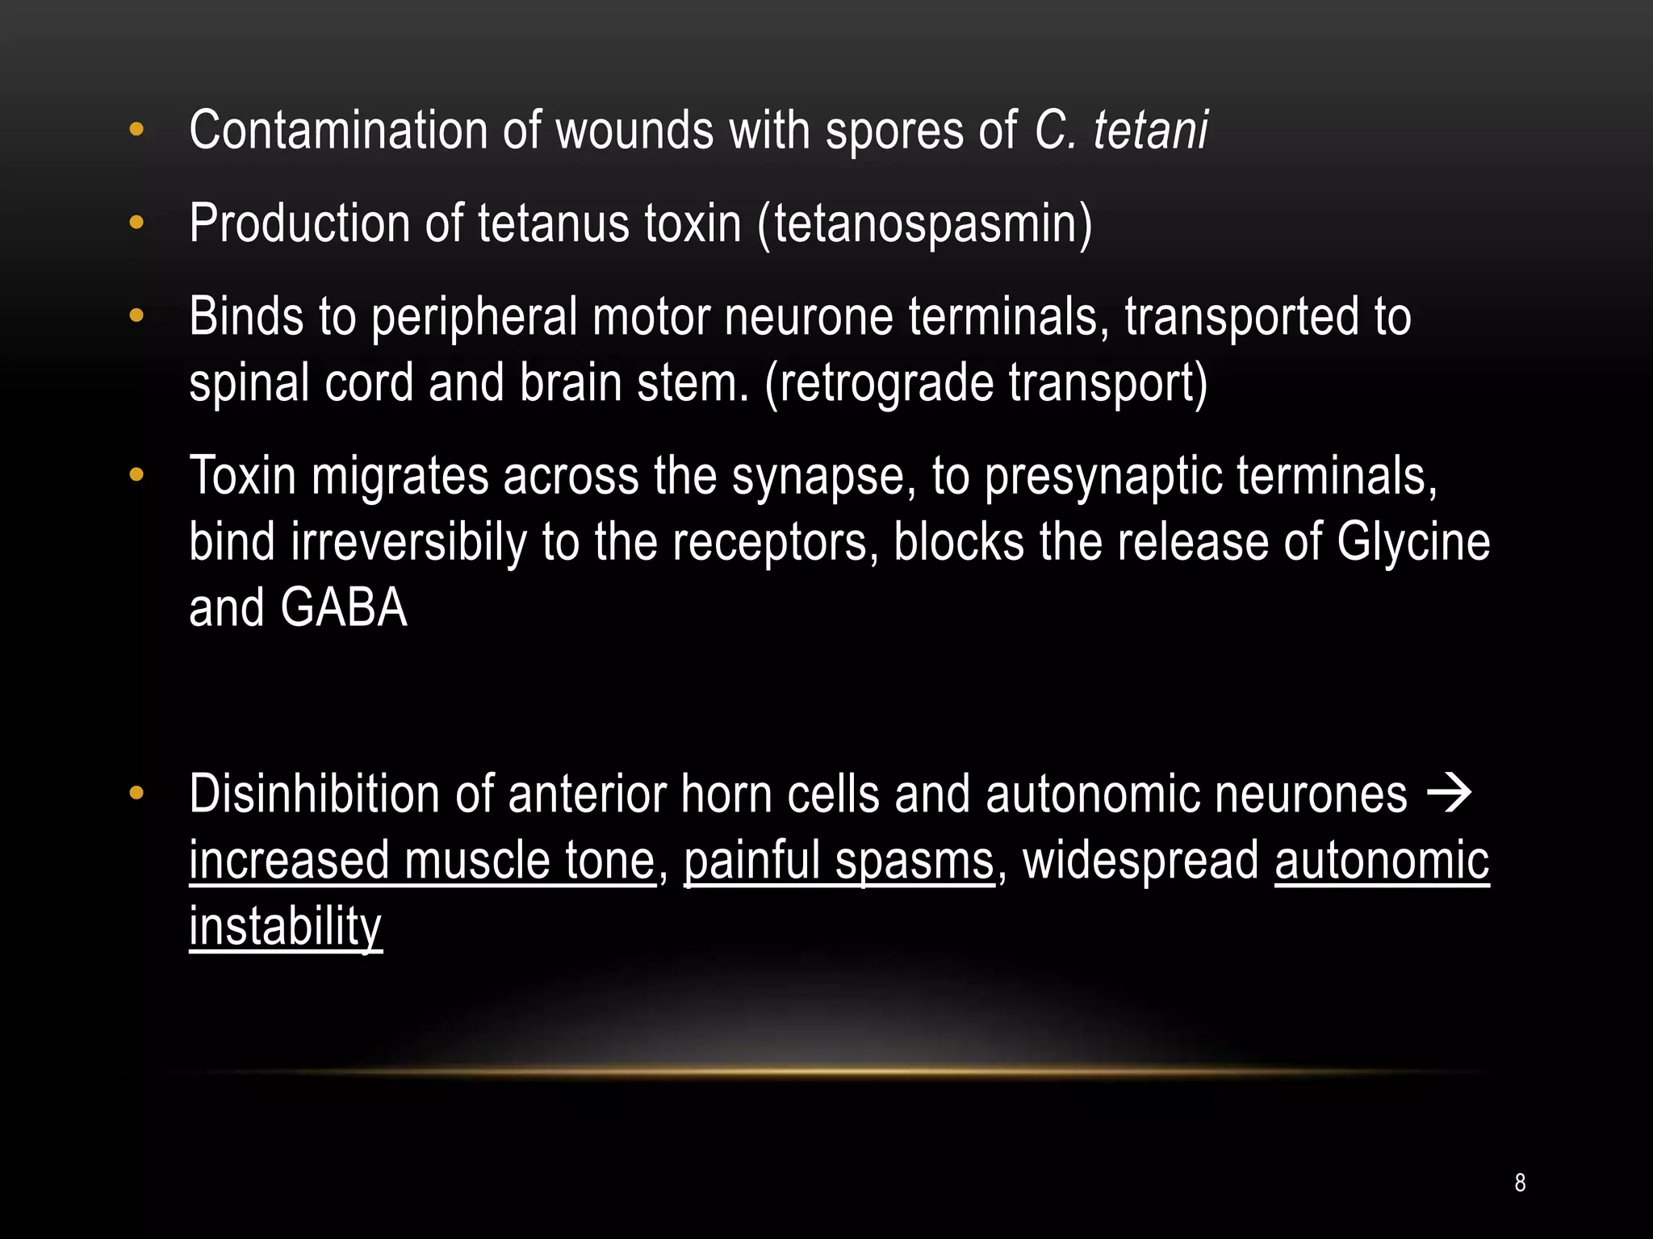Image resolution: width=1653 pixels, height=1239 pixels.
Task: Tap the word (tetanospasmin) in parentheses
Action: point(925,223)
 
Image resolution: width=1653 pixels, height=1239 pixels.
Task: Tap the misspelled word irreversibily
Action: point(408,542)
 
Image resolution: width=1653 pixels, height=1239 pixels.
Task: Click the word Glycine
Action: point(1413,542)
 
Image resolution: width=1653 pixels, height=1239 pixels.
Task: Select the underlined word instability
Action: point(286,927)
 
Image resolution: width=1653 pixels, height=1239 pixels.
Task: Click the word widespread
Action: point(1140,861)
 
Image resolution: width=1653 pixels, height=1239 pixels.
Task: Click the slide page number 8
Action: point(1520,1183)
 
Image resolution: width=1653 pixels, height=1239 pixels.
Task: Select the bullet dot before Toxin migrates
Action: point(136,475)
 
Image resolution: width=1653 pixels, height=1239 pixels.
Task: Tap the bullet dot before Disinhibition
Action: point(136,794)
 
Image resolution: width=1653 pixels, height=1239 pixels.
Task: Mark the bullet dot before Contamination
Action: point(136,129)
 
